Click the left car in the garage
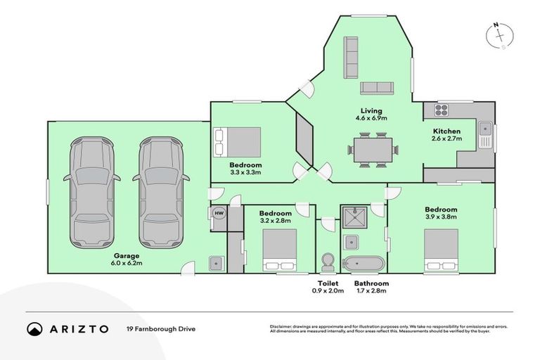(92, 188)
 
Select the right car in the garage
(161, 188)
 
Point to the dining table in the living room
(373, 150)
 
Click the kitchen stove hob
(441, 110)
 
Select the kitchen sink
(484, 129)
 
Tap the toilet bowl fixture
(327, 262)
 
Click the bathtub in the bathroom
(364, 264)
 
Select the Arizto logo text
(79, 328)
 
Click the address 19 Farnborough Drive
(161, 328)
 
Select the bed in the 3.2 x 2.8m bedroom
(281, 251)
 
